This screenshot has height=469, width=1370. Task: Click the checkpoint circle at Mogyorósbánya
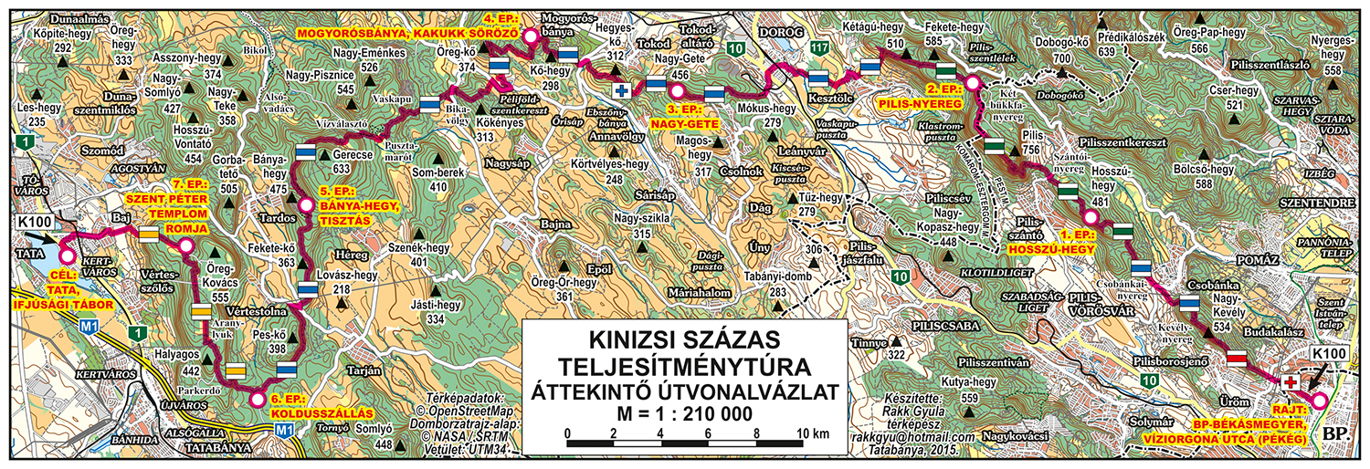[530, 36]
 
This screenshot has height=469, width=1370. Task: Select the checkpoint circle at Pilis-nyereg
[973, 83]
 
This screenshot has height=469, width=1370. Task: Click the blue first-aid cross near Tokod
[622, 90]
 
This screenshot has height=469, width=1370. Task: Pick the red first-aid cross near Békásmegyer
[1291, 381]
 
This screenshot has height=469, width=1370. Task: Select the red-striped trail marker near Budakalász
[1236, 357]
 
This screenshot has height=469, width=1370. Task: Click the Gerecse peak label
[337, 155]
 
